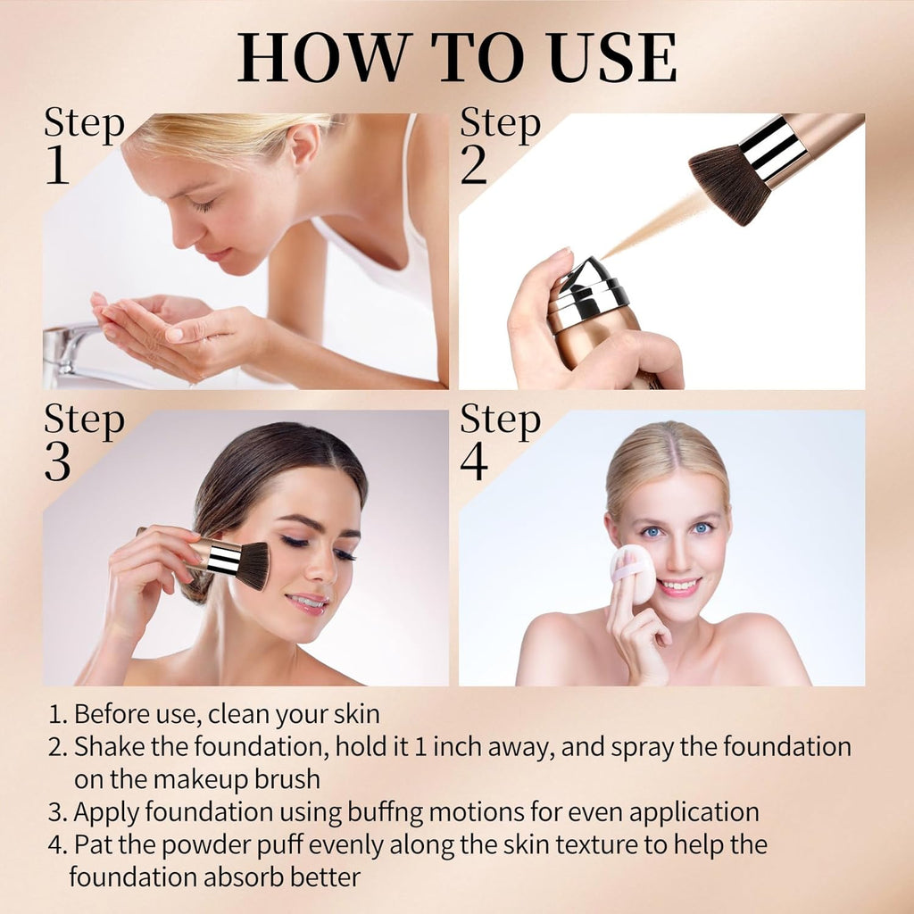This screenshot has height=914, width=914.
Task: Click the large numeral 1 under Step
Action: pyautogui.click(x=57, y=165)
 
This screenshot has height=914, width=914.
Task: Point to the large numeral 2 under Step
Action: pyautogui.click(x=473, y=165)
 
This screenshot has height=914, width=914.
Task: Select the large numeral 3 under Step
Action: pyautogui.click(x=58, y=462)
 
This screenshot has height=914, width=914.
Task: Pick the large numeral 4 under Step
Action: pyautogui.click(x=474, y=461)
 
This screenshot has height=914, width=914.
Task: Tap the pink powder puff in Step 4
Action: pyautogui.click(x=633, y=574)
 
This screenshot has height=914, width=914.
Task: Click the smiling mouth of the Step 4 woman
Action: pyautogui.click(x=678, y=586)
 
